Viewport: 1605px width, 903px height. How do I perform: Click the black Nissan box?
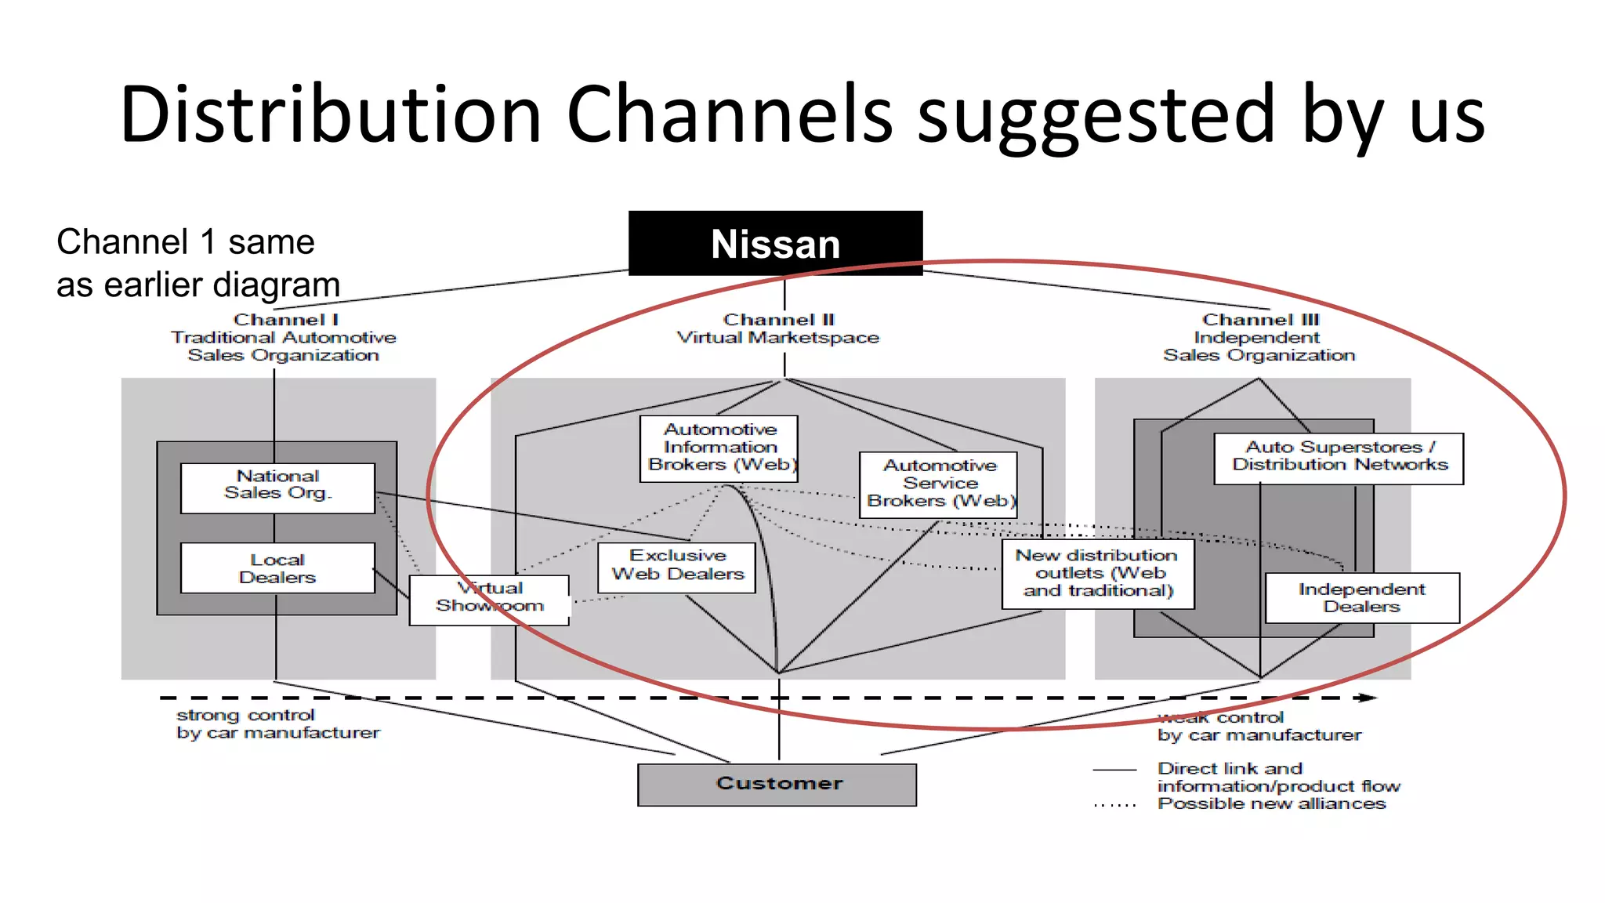[775, 243]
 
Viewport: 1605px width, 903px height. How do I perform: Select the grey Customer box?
[777, 784]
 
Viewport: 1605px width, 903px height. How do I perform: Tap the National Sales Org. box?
[277, 487]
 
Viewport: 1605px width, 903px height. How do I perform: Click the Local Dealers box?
[277, 568]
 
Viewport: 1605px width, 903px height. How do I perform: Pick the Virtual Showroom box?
[489, 599]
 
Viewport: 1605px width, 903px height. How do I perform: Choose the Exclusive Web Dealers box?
[676, 566]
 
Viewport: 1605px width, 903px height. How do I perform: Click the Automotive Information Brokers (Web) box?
[719, 448]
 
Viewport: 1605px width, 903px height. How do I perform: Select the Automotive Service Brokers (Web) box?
[938, 484]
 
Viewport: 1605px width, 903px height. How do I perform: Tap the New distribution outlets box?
[1097, 573]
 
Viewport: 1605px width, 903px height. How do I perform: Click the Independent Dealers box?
[1362, 597]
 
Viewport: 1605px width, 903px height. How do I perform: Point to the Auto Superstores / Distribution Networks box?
[1339, 457]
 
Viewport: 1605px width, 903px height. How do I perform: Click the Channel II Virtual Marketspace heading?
[778, 329]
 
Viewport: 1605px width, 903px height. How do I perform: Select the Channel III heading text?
[1259, 337]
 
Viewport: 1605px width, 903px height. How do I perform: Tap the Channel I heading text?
[284, 337]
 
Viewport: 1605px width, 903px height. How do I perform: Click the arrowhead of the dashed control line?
[1368, 697]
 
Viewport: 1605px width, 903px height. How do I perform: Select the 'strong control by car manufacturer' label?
[277, 723]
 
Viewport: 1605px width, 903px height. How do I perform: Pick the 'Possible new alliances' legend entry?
[1271, 803]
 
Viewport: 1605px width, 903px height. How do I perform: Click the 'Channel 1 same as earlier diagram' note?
[198, 263]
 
